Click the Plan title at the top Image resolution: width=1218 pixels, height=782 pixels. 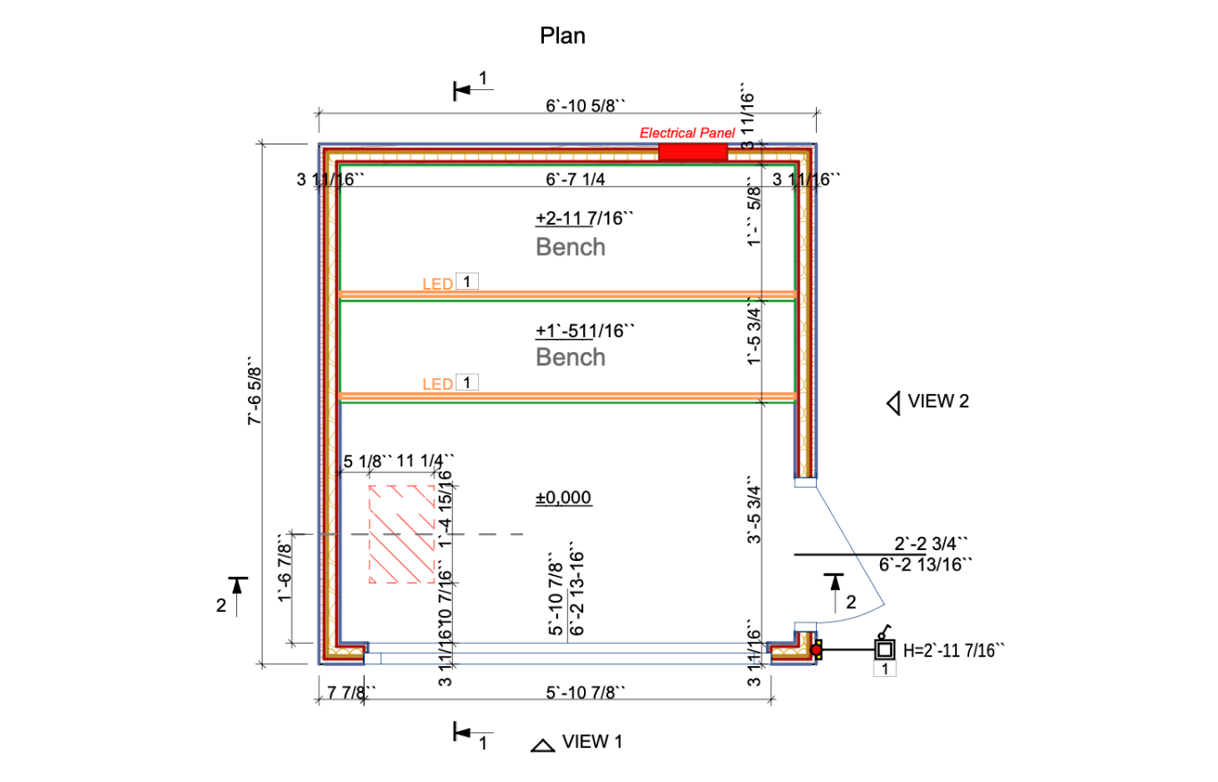tap(563, 36)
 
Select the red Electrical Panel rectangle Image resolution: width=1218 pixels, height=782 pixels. tap(693, 152)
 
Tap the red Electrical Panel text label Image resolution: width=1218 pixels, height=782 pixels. tap(687, 133)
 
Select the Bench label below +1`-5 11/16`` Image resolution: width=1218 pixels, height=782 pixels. tap(571, 358)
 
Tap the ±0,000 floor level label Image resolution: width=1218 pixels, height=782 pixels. tap(564, 498)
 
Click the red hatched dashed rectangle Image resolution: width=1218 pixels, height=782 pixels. tap(402, 534)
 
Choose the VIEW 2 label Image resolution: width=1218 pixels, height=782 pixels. tap(938, 401)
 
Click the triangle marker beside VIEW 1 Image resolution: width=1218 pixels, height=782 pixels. tap(540, 745)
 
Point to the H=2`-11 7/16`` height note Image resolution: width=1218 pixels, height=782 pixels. tap(954, 650)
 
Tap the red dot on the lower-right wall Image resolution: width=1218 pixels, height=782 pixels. tap(816, 651)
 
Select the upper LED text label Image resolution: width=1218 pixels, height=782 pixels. tap(437, 284)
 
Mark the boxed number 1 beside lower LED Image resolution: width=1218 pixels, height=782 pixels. tap(467, 383)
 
